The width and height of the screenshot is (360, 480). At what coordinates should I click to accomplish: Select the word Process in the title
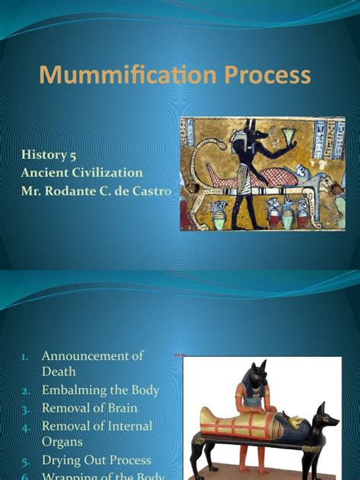click(264, 75)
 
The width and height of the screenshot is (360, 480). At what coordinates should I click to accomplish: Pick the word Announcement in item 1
click(93, 355)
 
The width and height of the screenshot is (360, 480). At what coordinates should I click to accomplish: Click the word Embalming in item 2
click(75, 390)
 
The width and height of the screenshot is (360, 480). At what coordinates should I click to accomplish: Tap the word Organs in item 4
click(63, 442)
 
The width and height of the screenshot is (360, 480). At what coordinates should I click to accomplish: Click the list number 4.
click(26, 427)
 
